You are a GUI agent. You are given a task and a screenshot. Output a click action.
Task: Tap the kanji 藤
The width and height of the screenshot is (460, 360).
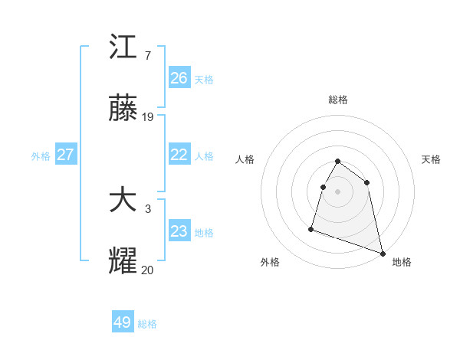[x=123, y=110]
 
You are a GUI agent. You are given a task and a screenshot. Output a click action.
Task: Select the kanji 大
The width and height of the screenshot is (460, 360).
[x=123, y=201]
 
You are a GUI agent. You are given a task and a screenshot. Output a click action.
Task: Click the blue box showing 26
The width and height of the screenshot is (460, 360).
[x=179, y=78]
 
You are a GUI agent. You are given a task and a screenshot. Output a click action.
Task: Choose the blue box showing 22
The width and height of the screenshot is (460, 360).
[x=179, y=155]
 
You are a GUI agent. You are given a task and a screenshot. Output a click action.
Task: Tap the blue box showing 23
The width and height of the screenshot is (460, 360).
[x=179, y=231]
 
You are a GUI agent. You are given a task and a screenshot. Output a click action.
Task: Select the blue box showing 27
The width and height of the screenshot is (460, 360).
[x=65, y=155]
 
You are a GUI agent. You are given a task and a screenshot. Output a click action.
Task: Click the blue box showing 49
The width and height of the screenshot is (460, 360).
[x=123, y=322]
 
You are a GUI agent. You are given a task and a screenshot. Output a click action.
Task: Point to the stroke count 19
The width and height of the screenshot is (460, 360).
[x=149, y=117]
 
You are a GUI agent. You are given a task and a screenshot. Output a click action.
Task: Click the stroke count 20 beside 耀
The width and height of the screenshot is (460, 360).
[x=147, y=269]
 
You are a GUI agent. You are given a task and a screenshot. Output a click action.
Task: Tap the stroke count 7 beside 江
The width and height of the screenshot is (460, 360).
[x=147, y=55]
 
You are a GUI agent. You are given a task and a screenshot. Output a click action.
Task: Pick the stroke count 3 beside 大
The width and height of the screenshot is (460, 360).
[x=147, y=208]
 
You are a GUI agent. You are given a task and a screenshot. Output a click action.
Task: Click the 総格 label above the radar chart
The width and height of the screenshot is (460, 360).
[x=338, y=100]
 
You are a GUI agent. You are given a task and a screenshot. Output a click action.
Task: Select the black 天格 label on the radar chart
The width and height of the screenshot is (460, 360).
[x=431, y=159]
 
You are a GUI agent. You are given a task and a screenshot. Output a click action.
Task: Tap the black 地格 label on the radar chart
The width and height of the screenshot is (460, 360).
[x=402, y=262]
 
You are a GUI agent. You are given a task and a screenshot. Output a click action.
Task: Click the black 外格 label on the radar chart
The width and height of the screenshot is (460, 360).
[x=270, y=262]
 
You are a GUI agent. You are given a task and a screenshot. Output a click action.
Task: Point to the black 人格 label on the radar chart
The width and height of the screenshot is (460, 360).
[x=245, y=159]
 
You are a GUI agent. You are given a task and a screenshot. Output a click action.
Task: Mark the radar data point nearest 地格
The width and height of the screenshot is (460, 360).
[x=382, y=253]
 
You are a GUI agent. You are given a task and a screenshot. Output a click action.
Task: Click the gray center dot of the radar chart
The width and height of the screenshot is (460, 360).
[x=338, y=191]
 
